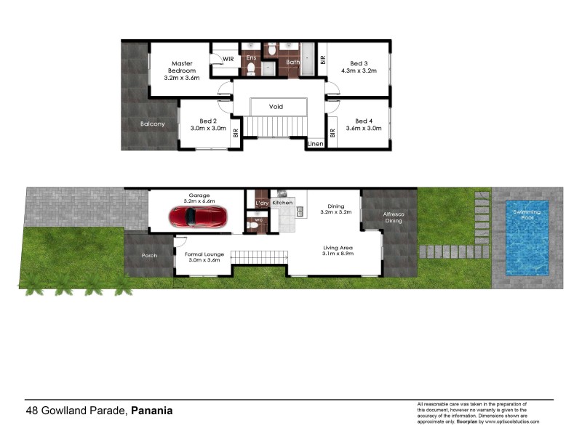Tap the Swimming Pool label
[525, 214]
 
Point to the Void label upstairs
[276, 107]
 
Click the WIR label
[228, 60]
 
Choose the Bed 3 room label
[359, 63]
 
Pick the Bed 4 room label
[364, 121]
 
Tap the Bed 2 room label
[209, 121]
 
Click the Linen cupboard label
[316, 144]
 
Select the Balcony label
[153, 124]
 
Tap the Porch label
[149, 255]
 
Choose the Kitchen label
[282, 203]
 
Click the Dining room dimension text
[336, 213]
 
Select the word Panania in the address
[152, 411]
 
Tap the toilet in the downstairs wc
[253, 225]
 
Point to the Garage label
[199, 195]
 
